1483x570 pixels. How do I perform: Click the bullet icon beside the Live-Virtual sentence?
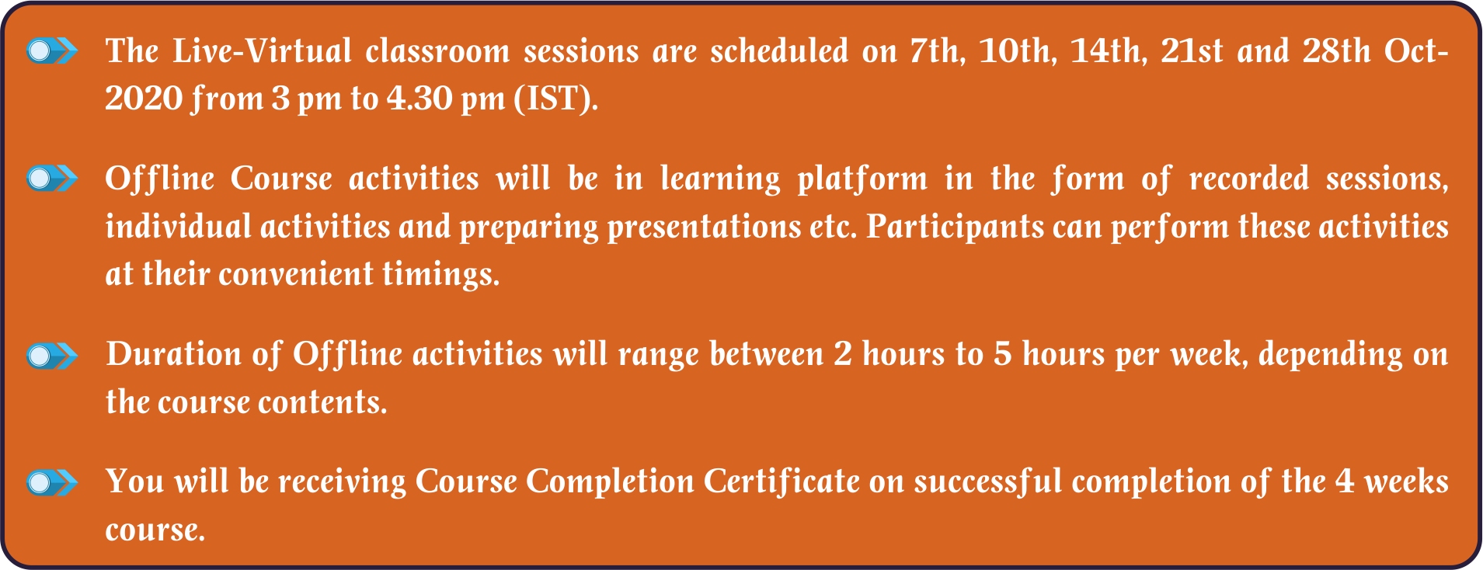coord(52,51)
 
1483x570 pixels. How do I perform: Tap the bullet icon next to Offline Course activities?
coord(52,179)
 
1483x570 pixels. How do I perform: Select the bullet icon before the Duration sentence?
coord(52,356)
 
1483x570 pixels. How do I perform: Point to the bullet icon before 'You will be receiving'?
coord(52,482)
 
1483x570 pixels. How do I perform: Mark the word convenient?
coord(296,275)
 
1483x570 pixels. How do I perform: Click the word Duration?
coord(174,355)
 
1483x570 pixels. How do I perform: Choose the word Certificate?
coord(782,482)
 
